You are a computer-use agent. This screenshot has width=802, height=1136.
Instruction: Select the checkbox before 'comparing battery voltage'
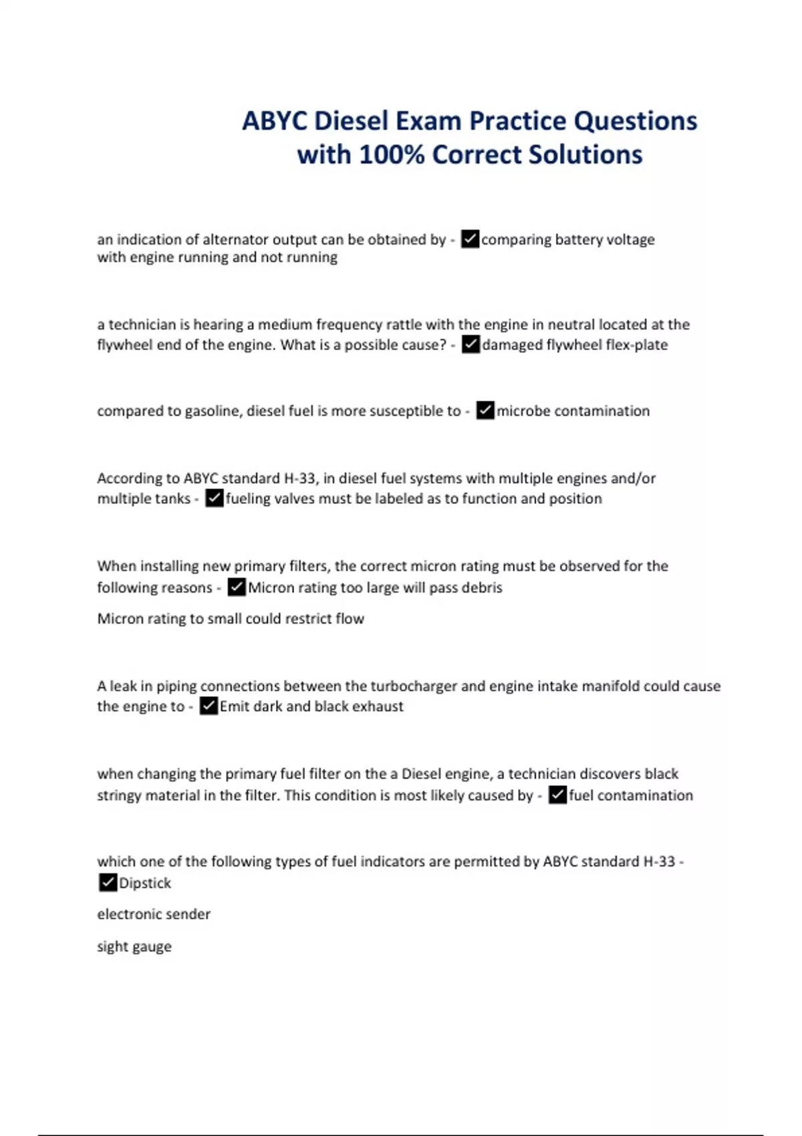coord(471,239)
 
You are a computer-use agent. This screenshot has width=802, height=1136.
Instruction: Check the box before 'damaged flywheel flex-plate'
coord(471,345)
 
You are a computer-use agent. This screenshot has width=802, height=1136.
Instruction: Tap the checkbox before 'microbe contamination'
coord(485,410)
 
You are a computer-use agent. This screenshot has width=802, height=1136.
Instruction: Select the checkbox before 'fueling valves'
coord(215,499)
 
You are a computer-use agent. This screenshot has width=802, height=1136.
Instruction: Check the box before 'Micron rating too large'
coord(237,587)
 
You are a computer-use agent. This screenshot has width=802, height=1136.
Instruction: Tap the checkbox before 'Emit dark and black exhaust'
coord(209,706)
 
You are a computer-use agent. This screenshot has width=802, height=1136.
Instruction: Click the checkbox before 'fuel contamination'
coord(557,795)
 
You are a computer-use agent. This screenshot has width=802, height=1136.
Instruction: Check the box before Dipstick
coord(108,883)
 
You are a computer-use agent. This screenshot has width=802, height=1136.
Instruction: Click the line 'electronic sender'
coord(154,914)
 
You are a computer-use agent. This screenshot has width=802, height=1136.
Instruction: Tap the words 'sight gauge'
coord(134,947)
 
